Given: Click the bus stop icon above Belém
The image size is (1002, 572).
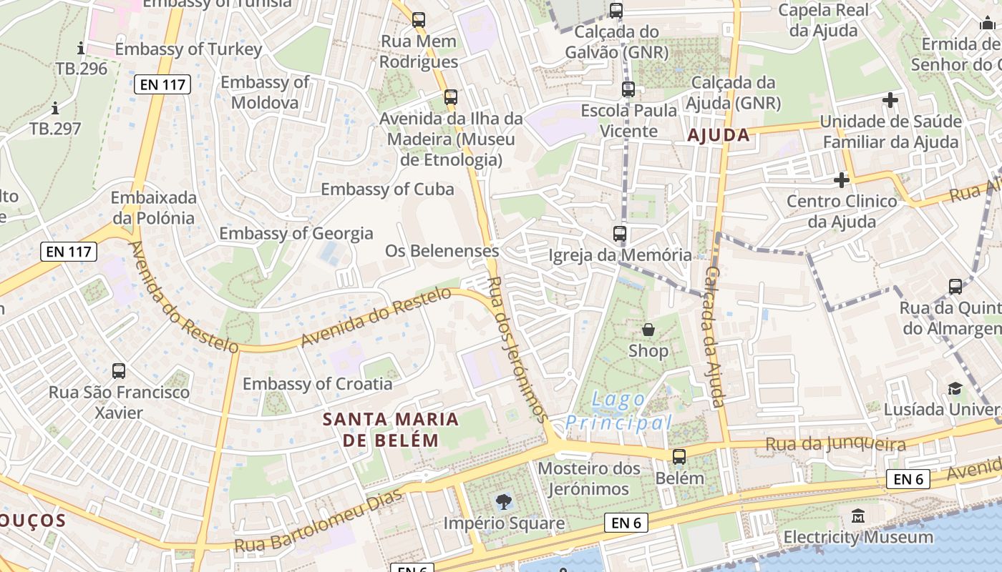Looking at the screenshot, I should click(678, 456).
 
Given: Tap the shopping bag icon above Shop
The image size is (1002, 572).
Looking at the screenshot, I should click(648, 330).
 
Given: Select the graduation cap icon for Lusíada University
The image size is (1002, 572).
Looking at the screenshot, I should click(955, 388).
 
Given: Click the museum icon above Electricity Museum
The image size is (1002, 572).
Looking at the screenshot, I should click(858, 516).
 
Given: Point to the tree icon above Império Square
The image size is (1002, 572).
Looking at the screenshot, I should click(504, 502).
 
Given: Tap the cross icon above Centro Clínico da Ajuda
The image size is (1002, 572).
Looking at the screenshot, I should click(842, 179).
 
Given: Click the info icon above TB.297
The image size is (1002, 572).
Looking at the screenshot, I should click(55, 109).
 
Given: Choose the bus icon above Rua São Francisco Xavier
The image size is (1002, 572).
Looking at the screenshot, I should click(119, 371).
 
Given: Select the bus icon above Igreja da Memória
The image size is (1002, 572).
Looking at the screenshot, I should click(620, 233).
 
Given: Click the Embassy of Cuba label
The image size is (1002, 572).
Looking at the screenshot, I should click(387, 189).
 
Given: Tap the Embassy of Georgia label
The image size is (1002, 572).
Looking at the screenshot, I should click(296, 233).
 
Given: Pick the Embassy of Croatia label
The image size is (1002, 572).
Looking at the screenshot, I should click(317, 384).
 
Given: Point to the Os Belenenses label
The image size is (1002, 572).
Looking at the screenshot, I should click(442, 251).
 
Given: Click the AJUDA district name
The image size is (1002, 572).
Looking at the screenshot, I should click(719, 135).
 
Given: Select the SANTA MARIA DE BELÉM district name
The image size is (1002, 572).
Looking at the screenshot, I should click(390, 429).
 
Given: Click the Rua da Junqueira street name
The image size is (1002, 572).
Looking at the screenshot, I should click(835, 445).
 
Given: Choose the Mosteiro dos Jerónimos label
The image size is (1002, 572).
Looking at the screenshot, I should click(588, 479).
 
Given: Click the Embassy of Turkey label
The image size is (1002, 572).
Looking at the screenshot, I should click(188, 49).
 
